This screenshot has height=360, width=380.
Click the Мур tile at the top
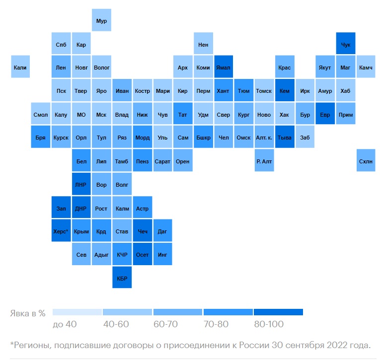[x=101, y=21]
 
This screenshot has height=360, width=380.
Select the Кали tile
[x=20, y=67]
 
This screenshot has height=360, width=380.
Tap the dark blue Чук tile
[x=346, y=45]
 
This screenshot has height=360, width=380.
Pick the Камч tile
[x=366, y=67]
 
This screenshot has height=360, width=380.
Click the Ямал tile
[x=223, y=67]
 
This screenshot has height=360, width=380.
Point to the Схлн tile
[x=366, y=161]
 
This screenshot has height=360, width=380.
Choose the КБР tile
[x=122, y=278]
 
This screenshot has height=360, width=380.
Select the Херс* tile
[x=61, y=231]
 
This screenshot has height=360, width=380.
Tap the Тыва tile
[x=285, y=138]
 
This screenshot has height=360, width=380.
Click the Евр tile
[x=325, y=115]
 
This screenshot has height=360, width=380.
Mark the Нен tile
[x=203, y=45]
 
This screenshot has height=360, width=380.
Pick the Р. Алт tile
[x=264, y=161]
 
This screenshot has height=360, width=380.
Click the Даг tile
[x=162, y=231]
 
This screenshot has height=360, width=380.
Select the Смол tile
[x=41, y=115]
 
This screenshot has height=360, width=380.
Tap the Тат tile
[x=183, y=115]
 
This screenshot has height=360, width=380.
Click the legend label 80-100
[x=268, y=324]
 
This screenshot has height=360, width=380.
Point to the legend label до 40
[x=65, y=324]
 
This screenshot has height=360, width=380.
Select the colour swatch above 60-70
[x=178, y=312]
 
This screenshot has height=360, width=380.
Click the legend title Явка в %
[x=28, y=313]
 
